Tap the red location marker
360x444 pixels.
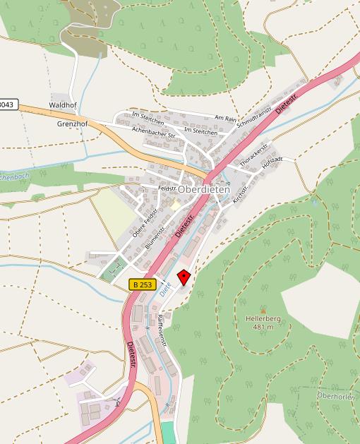click(184, 277)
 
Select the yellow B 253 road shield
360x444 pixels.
click(142, 284)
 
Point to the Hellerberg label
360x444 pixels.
click(263, 319)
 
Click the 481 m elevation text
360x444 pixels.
click(263, 328)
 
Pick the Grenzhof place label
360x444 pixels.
click(71, 124)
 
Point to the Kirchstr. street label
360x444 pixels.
click(241, 187)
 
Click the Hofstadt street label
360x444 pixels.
click(272, 162)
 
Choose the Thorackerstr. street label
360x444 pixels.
click(255, 155)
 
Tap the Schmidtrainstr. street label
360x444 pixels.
click(254, 113)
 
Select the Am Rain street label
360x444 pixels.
click(226, 119)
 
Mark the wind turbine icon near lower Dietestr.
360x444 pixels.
click(117, 403)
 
